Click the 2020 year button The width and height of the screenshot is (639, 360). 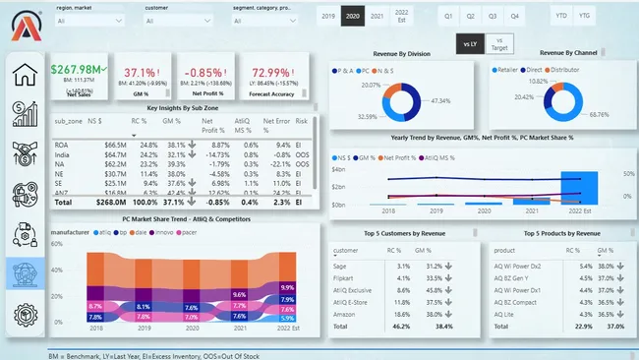click(x=351, y=17)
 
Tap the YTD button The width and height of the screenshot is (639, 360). click(x=560, y=17)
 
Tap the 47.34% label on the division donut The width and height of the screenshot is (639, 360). click(x=439, y=100)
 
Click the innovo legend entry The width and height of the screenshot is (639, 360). click(x=187, y=233)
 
